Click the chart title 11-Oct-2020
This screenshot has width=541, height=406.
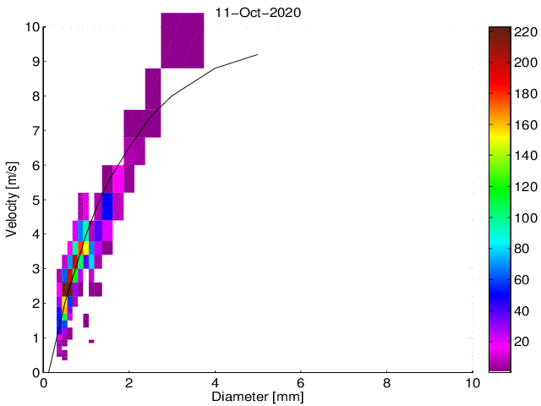click(x=258, y=13)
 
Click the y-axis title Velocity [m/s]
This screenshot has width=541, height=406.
click(x=13, y=199)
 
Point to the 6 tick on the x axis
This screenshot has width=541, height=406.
click(x=301, y=382)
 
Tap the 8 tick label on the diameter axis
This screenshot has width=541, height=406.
click(x=387, y=382)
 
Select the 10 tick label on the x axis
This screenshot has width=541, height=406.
click(x=473, y=382)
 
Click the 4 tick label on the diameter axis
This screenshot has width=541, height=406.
click(x=216, y=382)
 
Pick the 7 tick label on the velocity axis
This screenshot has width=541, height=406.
click(x=35, y=130)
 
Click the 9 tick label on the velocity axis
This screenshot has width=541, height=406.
click(x=35, y=62)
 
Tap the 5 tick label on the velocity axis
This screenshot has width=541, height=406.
click(x=35, y=200)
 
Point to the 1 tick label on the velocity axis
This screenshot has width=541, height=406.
click(x=35, y=337)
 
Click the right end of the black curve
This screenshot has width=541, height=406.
click(x=258, y=55)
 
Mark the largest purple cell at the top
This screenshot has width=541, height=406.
click(x=182, y=41)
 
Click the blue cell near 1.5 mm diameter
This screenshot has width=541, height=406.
click(x=107, y=206)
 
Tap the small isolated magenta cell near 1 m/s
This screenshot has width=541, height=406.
click(x=90, y=341)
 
